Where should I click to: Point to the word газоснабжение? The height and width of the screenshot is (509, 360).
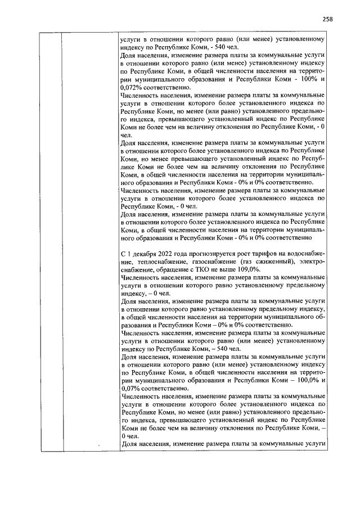[211, 262]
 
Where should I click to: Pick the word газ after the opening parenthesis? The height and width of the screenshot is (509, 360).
[247, 262]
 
